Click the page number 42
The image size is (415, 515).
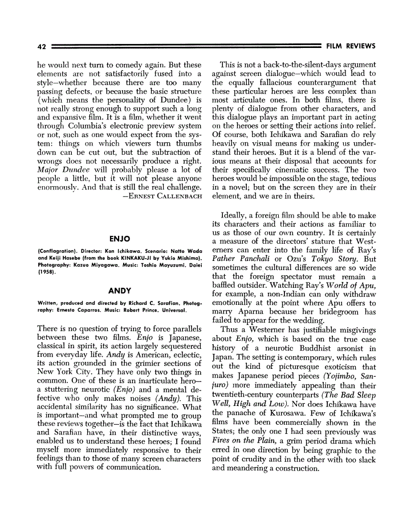40,46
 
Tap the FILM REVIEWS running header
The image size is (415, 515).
351,46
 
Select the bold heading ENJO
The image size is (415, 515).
119,239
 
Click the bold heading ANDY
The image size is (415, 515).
119,291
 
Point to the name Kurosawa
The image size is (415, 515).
282,413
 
